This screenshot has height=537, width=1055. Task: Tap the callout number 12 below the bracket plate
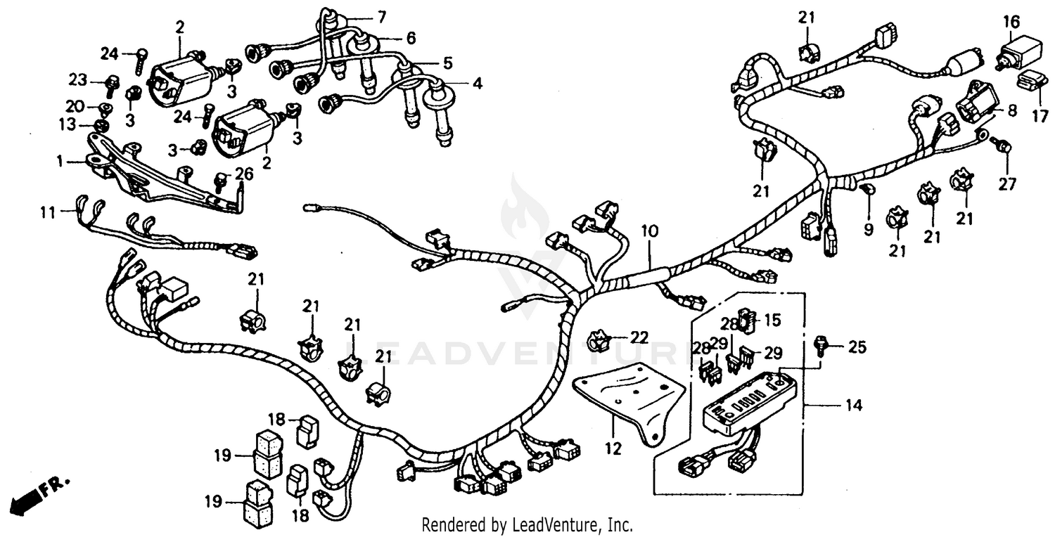coord(614,448)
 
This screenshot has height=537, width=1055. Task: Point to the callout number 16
coord(1011,22)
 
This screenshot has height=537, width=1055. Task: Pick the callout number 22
coord(639,337)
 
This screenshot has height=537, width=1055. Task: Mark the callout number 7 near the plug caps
coord(382,15)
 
